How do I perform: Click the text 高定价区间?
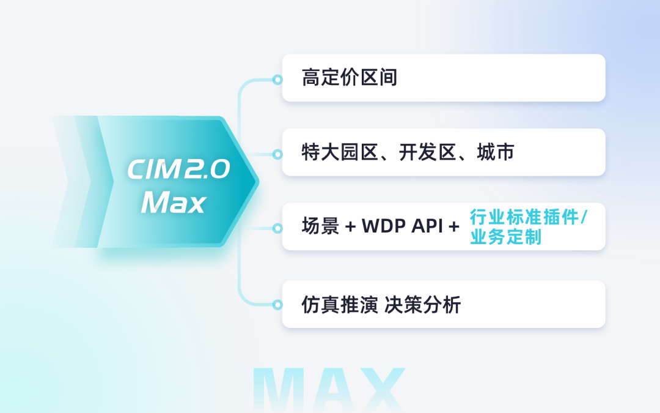click(350, 78)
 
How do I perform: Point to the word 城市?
click(496, 152)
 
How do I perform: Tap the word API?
click(427, 227)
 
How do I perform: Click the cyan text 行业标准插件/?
click(527, 217)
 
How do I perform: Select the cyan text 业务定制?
click(505, 237)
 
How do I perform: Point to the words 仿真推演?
click(340, 305)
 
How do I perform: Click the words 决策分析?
click(422, 305)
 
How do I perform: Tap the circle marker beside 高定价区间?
click(277, 80)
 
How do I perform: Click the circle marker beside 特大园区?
click(277, 154)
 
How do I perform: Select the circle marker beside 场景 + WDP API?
click(277, 228)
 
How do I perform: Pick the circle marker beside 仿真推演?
click(277, 304)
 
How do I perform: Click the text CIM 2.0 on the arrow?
click(178, 169)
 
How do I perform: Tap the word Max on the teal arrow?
click(173, 203)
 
